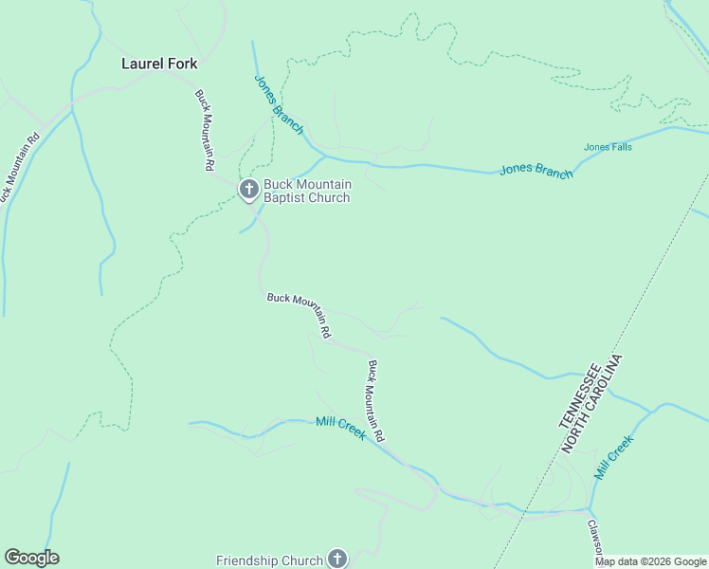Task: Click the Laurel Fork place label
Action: coord(159,64)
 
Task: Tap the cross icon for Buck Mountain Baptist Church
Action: coord(248,191)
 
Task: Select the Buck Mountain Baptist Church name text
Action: coord(306,191)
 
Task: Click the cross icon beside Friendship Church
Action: coord(337,560)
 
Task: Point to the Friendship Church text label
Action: coord(269,560)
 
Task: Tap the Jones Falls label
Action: coord(608,147)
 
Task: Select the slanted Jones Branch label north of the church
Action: coord(279,104)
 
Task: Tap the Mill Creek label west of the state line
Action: coord(340,427)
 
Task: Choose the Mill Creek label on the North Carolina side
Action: coord(613,456)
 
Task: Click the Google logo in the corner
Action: coord(31,558)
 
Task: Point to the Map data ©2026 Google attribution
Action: coord(650,561)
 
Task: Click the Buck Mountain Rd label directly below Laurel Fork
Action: coord(204,130)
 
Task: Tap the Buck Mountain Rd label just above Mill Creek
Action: coord(376,400)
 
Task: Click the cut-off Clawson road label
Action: coord(592,536)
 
